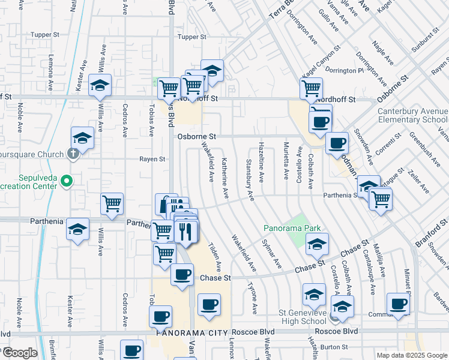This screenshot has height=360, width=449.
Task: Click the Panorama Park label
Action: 292,228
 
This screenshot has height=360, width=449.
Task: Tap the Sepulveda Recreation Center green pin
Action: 67,180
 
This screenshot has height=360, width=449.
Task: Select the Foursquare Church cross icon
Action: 73,154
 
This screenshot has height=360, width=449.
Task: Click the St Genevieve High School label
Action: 302,317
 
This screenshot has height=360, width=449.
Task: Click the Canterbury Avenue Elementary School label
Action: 413,115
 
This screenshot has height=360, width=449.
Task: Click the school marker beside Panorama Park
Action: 316,244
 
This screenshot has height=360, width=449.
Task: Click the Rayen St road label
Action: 152,159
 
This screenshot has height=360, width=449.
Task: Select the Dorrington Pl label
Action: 348,70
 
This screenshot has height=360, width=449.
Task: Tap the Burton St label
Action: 334,347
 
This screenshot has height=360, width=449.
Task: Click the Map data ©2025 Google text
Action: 411,355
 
